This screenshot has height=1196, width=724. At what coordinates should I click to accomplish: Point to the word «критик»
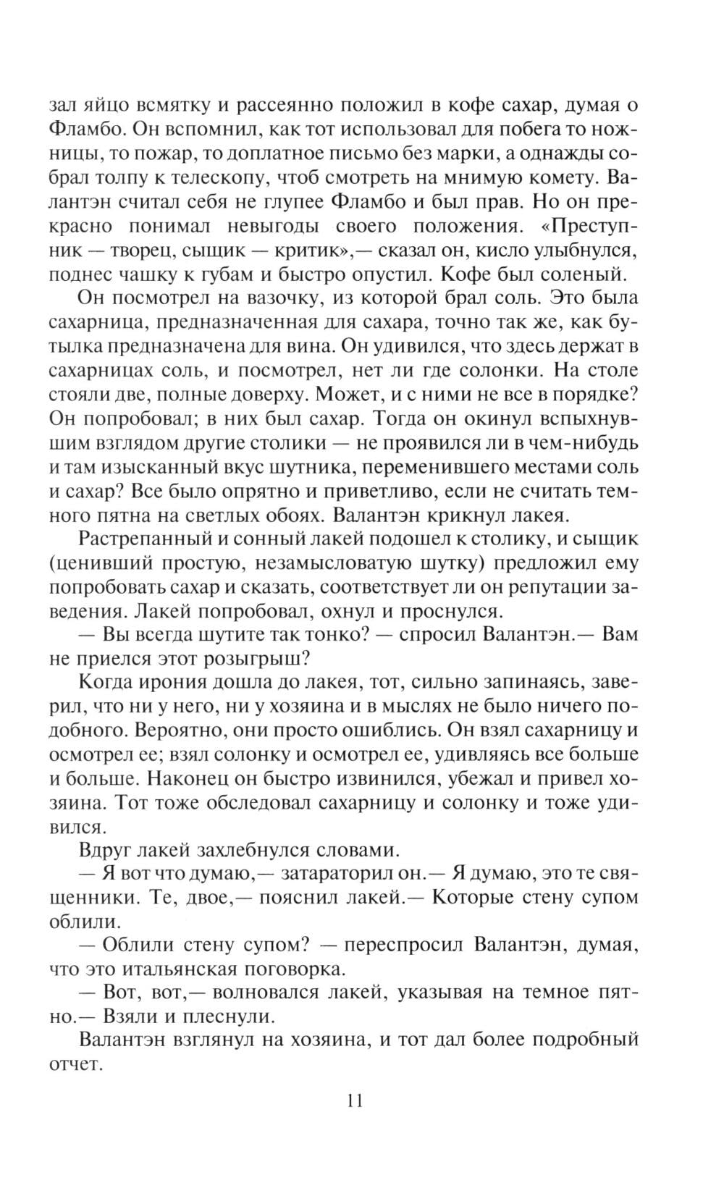(308, 250)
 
